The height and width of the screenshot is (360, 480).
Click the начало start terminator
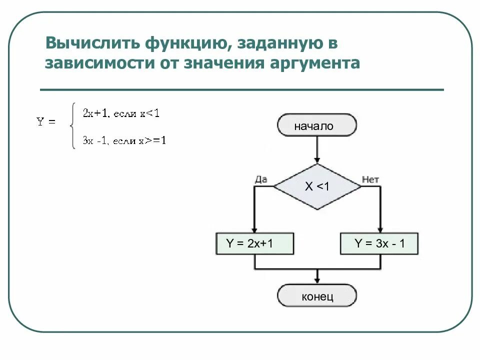point(317,125)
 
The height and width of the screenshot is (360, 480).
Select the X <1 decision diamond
point(317,187)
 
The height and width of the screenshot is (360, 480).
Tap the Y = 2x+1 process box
point(254,244)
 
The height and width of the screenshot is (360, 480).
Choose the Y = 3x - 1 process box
point(379,244)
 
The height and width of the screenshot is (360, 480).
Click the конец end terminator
point(317,296)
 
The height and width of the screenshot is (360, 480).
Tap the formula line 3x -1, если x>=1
point(124,141)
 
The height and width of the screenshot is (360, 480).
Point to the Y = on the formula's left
point(46,121)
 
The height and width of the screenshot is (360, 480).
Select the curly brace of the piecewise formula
point(73,126)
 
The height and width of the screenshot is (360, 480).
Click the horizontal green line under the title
point(241,90)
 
